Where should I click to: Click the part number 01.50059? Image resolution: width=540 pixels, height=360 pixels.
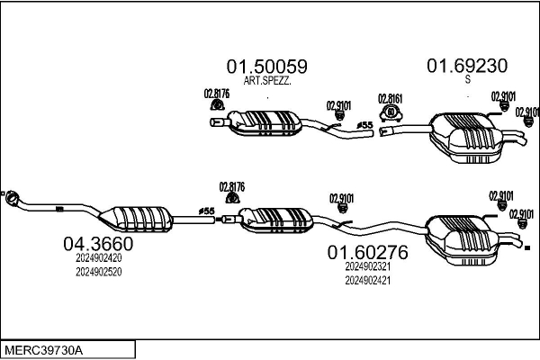tap(267, 67)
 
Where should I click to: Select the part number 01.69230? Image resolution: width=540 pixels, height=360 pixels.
tap(467, 66)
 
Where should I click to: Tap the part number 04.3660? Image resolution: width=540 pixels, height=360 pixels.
tap(98, 244)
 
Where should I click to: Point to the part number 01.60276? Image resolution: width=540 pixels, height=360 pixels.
tap(367, 253)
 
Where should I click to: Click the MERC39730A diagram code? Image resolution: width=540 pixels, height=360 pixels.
tap(43, 351)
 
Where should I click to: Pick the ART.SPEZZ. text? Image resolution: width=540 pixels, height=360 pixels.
tap(267, 81)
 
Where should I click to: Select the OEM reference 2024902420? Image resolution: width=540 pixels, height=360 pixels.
tap(98, 258)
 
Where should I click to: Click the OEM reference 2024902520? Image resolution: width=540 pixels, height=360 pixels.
tap(98, 272)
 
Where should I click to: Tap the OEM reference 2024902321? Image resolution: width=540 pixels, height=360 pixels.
tap(368, 266)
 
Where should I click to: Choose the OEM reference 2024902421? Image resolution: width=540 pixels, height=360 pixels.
tap(368, 281)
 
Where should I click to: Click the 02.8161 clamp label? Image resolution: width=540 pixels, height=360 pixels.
tap(391, 99)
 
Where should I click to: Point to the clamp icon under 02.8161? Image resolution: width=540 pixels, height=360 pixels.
tap(391, 113)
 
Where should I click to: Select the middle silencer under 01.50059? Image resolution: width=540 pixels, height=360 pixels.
tap(265, 123)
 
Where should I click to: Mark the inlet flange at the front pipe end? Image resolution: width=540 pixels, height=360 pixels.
tap(12, 198)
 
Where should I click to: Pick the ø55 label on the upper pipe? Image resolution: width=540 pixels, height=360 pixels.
tap(365, 125)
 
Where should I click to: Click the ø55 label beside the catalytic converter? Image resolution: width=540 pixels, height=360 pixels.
tap(207, 211)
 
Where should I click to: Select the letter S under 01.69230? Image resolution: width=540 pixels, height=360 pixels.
tap(467, 79)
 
